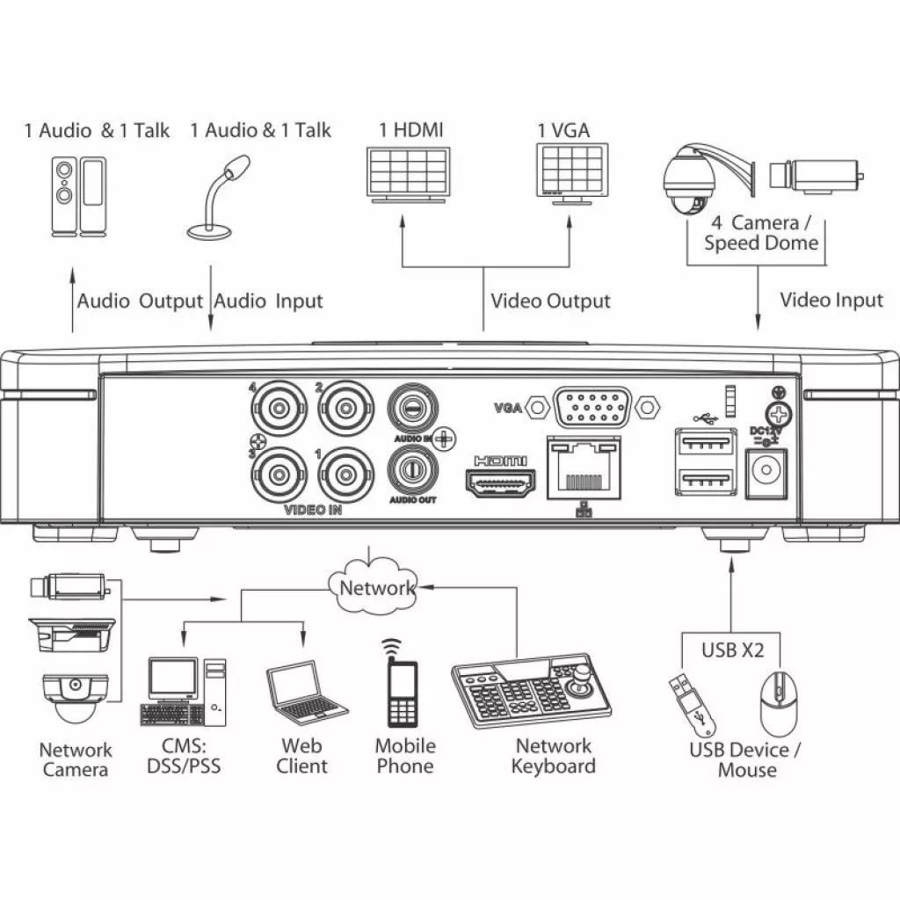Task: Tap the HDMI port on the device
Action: tap(498, 483)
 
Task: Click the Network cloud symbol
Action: tap(375, 586)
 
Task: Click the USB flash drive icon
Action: tap(693, 704)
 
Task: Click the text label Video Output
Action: tap(550, 301)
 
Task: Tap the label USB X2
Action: tap(732, 650)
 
